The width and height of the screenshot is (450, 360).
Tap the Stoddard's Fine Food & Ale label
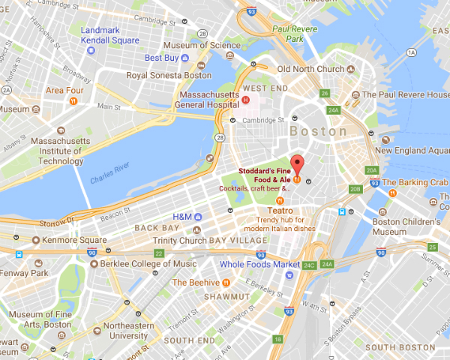pyautogui.click(x=266, y=175)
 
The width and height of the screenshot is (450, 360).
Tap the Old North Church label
pyautogui.click(x=308, y=69)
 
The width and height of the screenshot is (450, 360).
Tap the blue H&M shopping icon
pyautogui.click(x=198, y=217)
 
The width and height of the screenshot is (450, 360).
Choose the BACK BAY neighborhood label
pyautogui.click(x=157, y=228)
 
